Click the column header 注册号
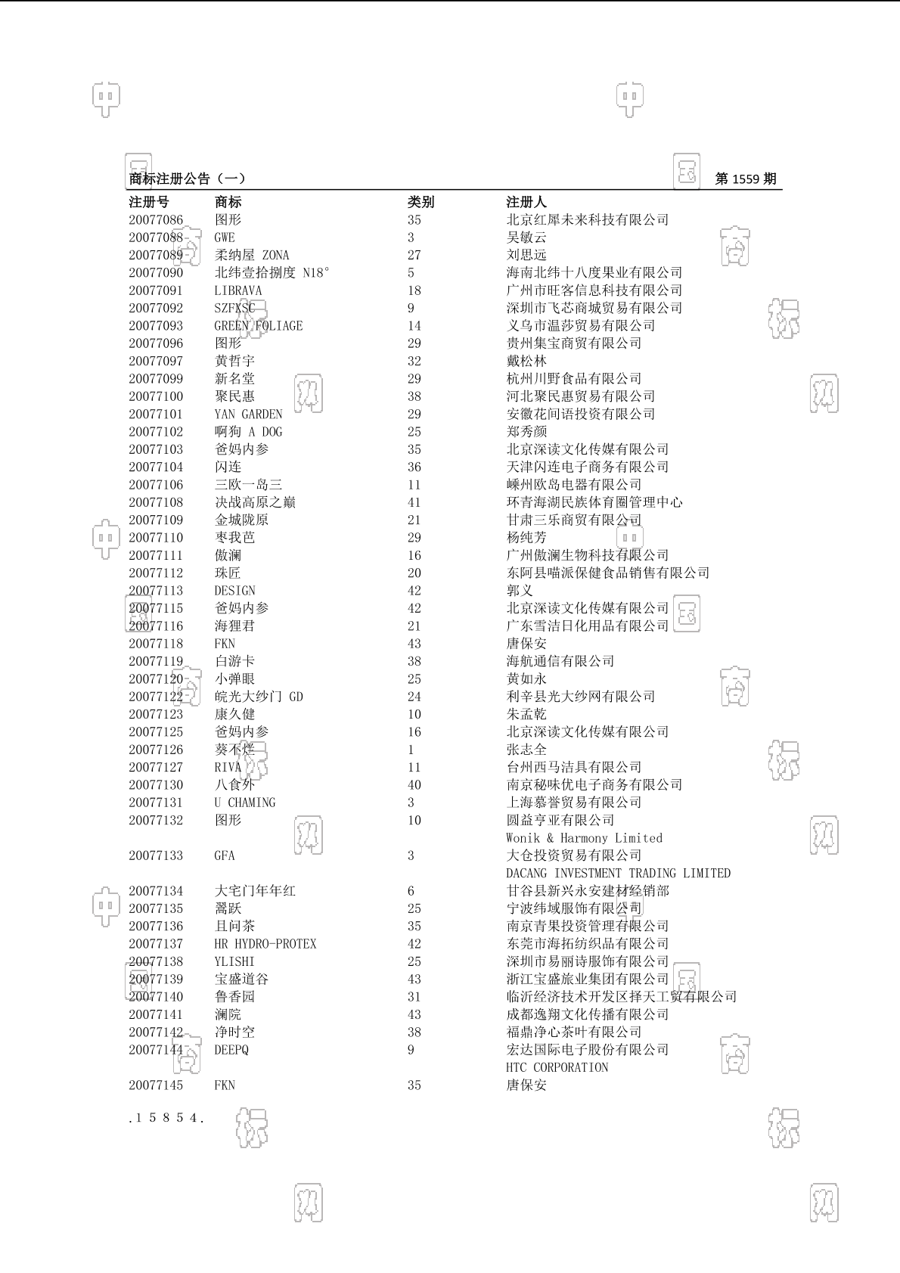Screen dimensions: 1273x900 [149, 202]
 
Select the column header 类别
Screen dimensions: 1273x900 [421, 202]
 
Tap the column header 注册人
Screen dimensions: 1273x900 [526, 202]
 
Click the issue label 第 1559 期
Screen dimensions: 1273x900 [745, 179]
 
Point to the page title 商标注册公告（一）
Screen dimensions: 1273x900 [188, 179]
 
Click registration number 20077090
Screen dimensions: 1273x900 [156, 273]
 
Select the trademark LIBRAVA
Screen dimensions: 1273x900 [238, 290]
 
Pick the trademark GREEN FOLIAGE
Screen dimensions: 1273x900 [258, 326]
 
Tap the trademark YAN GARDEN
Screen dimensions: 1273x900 [248, 415]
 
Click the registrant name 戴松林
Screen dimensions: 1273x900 [526, 362]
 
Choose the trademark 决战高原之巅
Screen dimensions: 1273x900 [255, 502]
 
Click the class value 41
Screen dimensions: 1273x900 [414, 502]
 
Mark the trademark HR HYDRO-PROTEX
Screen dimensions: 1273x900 [265, 944]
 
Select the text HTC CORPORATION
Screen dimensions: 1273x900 [557, 1067]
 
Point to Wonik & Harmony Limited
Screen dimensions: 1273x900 [584, 838]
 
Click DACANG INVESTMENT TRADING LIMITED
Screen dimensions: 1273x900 [618, 874]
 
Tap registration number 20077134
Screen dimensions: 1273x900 [156, 891]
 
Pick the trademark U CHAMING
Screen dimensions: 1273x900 [245, 803]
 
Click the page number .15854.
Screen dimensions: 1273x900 [166, 1118]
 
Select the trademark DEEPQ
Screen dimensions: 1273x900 [231, 1050]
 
